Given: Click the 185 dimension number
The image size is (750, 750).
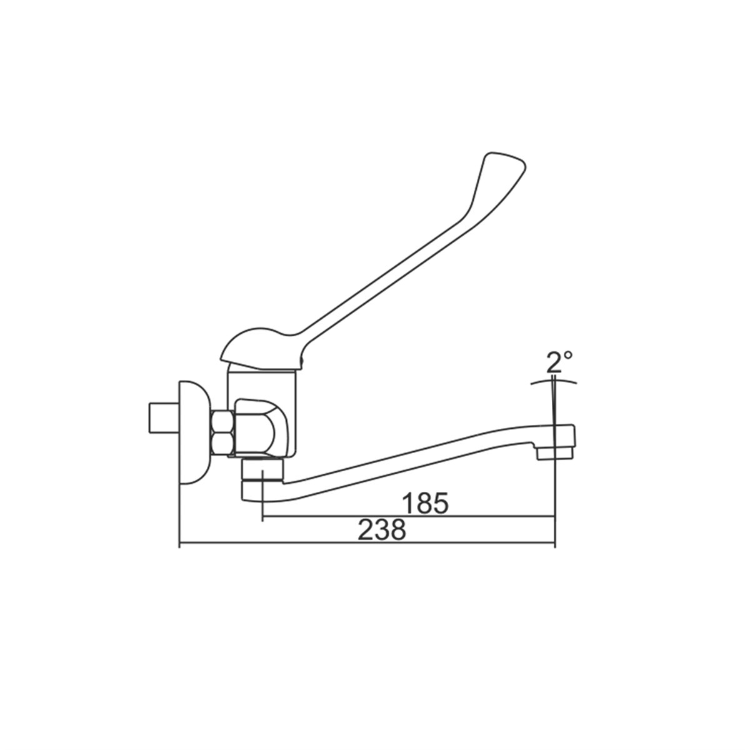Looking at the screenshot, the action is [426, 503].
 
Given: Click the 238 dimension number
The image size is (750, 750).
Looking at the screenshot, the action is [382, 529].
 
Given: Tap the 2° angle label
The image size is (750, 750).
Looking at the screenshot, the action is [559, 362].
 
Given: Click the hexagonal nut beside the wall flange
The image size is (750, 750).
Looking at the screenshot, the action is [222, 432].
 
